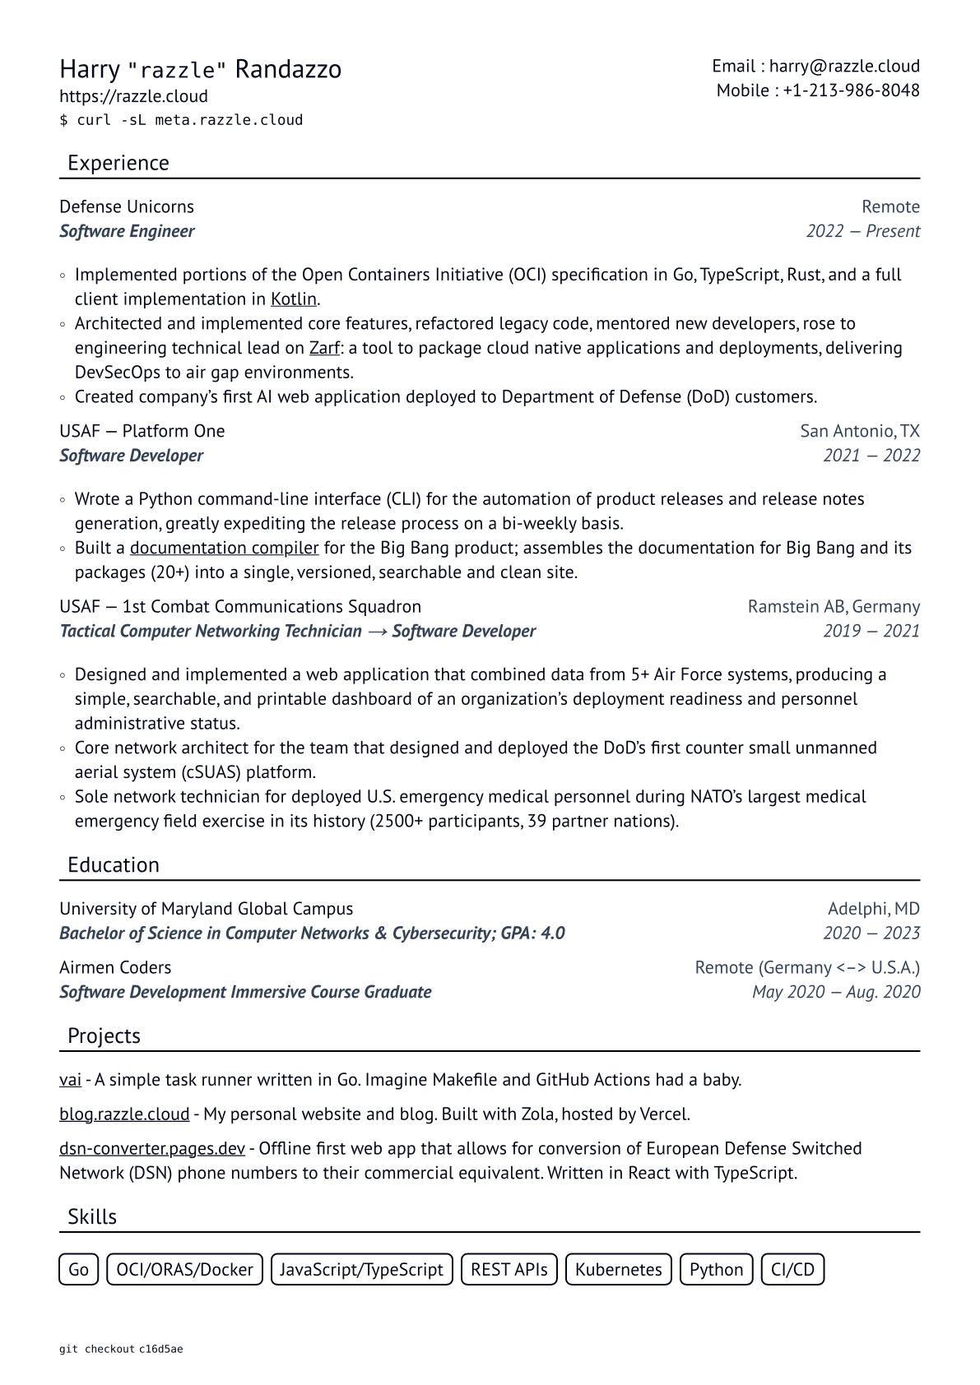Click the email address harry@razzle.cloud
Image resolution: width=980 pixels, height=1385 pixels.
844,67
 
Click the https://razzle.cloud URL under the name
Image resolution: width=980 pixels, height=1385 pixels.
133,96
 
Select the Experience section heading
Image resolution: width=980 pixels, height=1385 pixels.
118,163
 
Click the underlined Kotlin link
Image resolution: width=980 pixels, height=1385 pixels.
294,299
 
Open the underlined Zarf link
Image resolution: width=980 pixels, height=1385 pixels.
324,348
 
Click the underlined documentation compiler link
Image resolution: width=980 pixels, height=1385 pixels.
224,548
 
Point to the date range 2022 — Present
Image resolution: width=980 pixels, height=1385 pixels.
862,231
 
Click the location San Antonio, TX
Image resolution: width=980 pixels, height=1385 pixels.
860,431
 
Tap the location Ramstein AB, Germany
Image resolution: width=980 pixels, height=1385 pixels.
834,607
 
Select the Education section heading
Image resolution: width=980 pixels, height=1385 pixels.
114,865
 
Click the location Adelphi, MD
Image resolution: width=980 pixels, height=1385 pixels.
873,909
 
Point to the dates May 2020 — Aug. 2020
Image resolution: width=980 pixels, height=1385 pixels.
836,992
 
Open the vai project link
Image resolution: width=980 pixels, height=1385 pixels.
70,1080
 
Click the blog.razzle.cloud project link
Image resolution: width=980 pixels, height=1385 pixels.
124,1114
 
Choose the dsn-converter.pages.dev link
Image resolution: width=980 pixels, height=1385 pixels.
152,1149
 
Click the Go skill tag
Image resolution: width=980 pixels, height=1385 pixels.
79,1269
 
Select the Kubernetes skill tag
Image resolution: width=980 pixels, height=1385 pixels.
618,1269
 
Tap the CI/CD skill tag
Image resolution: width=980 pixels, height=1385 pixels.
792,1269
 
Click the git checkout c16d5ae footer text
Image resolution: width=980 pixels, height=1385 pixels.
121,1350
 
